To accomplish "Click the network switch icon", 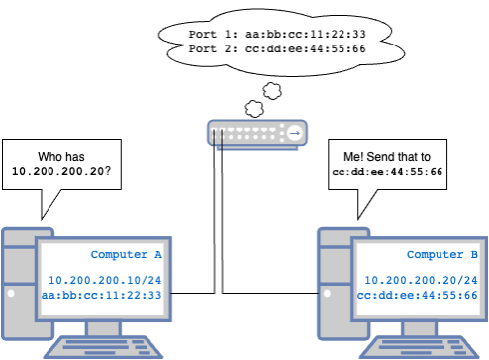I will [x=255, y=132].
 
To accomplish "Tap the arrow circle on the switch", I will [x=294, y=132].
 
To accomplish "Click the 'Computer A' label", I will [x=126, y=255].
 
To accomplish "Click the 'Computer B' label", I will [x=442, y=255].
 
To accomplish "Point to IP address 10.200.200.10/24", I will [x=105, y=281].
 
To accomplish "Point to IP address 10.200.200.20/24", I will [x=417, y=281].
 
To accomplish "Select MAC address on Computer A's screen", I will [x=105, y=295].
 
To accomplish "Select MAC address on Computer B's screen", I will [x=417, y=295].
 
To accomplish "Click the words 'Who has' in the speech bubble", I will [x=61, y=156].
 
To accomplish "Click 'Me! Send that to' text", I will [x=386, y=157].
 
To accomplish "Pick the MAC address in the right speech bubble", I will [x=386, y=171].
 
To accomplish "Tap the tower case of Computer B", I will [x=328, y=287].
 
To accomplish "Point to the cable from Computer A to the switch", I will [x=214, y=218].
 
